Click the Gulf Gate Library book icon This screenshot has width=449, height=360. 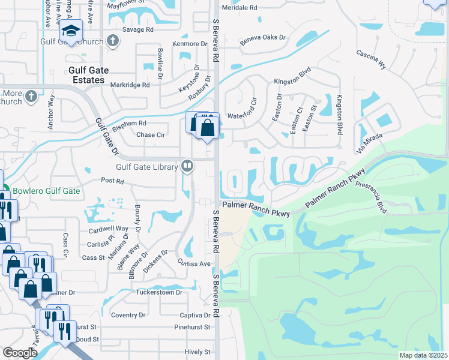[187, 166]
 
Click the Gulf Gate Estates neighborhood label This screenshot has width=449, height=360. [88, 74]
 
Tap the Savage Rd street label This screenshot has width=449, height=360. [138, 29]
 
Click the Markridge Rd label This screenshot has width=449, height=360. [130, 85]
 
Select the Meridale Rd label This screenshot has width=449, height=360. [240, 8]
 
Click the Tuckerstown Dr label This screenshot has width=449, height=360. [159, 292]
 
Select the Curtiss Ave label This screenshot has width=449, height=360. [193, 263]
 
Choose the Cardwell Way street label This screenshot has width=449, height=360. [109, 229]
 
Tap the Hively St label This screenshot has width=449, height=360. [196, 352]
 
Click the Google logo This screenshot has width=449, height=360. [20, 353]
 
